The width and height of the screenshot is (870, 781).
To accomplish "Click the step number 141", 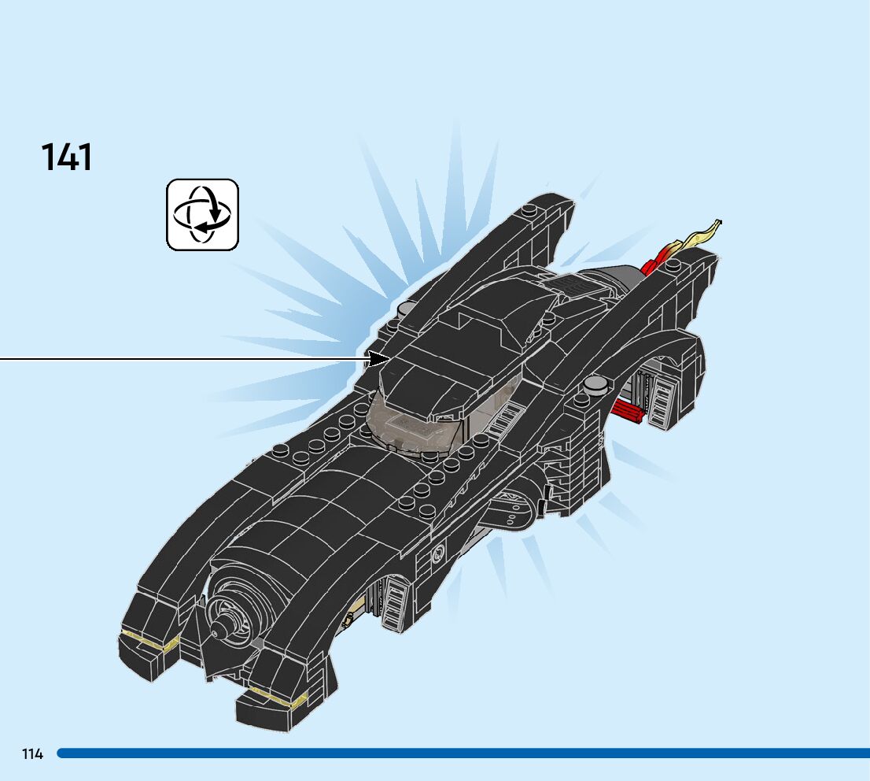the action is (x=67, y=157).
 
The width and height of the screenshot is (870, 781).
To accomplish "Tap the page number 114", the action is (x=32, y=754).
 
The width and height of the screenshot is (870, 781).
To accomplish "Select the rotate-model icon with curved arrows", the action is (x=202, y=214).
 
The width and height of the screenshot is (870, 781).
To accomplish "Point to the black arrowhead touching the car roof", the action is (x=380, y=359).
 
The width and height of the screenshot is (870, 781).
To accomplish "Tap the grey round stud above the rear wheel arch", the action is (x=595, y=383).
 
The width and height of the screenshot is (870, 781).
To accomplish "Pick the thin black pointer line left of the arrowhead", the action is (x=181, y=359).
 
